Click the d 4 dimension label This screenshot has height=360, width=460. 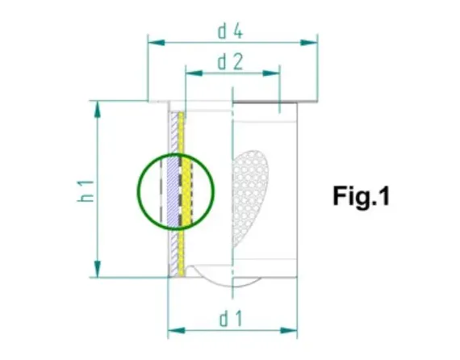(231, 31)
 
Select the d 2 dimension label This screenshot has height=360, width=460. (231, 61)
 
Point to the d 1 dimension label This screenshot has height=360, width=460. (232, 319)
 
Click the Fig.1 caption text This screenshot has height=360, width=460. (362, 196)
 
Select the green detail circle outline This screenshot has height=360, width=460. (137, 191)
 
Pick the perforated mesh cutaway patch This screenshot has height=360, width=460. (250, 194)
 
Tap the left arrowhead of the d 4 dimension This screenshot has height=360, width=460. (152, 40)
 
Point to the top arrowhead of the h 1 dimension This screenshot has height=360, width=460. (97, 106)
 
